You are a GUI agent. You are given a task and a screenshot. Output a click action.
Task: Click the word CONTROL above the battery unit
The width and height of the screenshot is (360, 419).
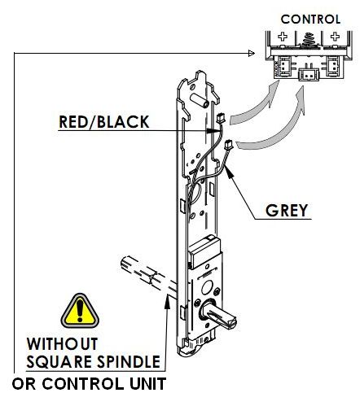(x=310, y=20)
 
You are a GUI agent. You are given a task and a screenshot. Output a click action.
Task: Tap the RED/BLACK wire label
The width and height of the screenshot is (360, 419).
(x=104, y=122)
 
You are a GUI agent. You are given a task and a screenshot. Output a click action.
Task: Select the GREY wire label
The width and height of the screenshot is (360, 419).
(x=287, y=211)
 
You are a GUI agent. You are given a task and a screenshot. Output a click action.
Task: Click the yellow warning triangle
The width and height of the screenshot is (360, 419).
(x=80, y=311)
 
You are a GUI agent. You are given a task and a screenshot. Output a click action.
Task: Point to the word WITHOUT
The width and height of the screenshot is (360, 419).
(x=62, y=344)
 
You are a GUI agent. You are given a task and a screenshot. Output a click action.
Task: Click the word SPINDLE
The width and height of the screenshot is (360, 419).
(x=129, y=361)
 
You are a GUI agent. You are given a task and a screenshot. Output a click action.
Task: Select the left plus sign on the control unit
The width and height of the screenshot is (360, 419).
(x=283, y=37)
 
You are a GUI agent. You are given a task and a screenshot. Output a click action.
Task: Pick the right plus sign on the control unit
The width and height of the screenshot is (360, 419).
(x=335, y=37)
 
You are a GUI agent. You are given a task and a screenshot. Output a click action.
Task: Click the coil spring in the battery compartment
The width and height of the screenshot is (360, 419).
(x=309, y=41)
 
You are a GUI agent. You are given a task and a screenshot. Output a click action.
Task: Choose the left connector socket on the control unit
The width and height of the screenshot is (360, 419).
(x=284, y=66)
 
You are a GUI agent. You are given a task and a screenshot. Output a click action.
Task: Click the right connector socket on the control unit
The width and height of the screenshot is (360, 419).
(x=332, y=66)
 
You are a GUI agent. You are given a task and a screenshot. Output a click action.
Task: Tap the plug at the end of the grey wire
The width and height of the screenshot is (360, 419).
(x=229, y=145)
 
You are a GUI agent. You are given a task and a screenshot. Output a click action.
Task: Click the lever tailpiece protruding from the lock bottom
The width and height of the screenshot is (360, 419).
(x=218, y=316)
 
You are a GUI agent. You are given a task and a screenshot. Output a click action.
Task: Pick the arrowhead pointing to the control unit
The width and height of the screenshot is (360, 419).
(x=252, y=54)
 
